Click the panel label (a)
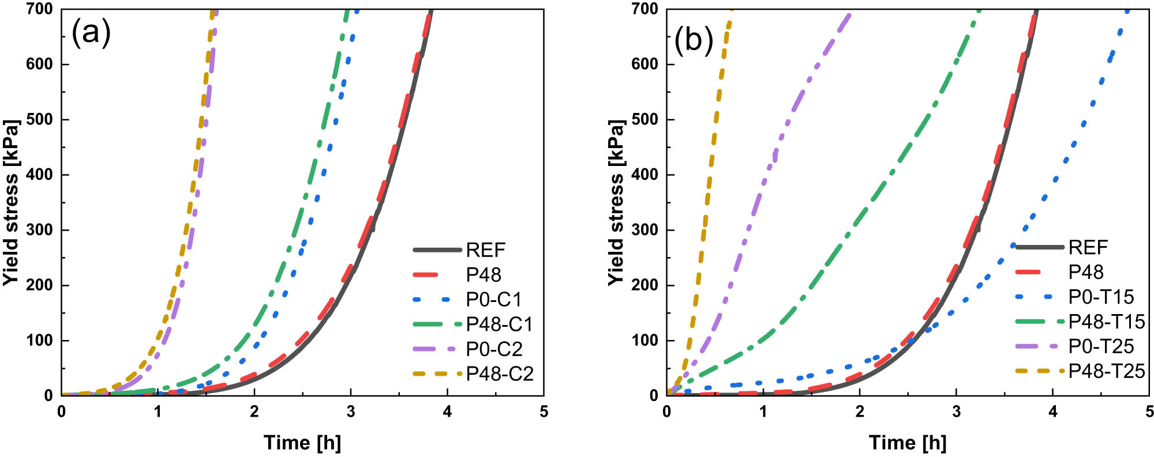[91, 33]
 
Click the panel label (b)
[694, 40]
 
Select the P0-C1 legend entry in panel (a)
[494, 299]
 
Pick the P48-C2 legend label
[500, 373]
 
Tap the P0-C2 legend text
[494, 349]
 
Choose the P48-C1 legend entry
[499, 324]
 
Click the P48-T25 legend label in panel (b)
[1107, 371]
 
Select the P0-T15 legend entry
[1101, 296]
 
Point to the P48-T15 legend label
[1107, 321]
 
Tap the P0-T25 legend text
[1101, 346]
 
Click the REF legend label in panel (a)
[486, 250]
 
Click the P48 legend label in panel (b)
[1086, 271]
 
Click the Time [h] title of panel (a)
[302, 442]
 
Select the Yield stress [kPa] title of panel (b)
[616, 202]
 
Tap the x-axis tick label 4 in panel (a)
[447, 411]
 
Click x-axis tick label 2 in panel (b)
[860, 411]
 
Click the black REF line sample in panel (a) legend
[437, 250]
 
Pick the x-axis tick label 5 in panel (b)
[1149, 411]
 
